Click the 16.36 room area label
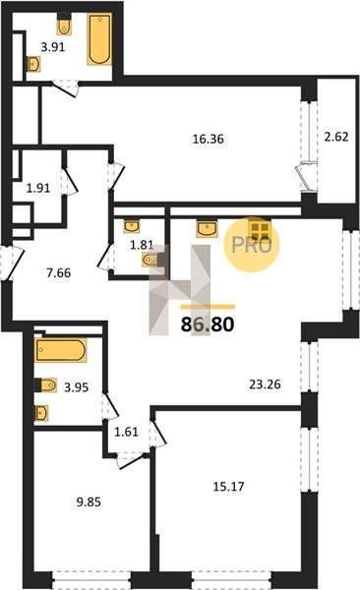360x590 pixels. [x=209, y=140]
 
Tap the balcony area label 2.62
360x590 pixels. [x=336, y=137]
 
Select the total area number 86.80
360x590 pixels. [x=208, y=324]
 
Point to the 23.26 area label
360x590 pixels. [x=266, y=384]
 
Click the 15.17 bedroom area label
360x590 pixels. [x=228, y=487]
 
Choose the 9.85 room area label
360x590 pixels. [x=89, y=501]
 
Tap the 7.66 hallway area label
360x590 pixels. [x=58, y=272]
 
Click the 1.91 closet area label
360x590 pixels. [x=38, y=188]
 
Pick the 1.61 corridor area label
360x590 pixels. [x=126, y=432]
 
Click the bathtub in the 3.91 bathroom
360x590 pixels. [x=99, y=38]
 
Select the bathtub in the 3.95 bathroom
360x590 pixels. [x=61, y=350]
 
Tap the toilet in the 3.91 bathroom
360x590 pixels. [x=64, y=26]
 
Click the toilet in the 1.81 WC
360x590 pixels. [x=150, y=260]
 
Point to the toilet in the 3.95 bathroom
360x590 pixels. [x=47, y=384]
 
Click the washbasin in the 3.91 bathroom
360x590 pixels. [x=33, y=64]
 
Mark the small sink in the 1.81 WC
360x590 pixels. [x=132, y=226]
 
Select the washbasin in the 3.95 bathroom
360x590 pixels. [x=41, y=413]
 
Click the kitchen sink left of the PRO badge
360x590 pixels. [x=207, y=229]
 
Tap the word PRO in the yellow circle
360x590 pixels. [x=251, y=245]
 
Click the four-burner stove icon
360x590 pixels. [x=260, y=229]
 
